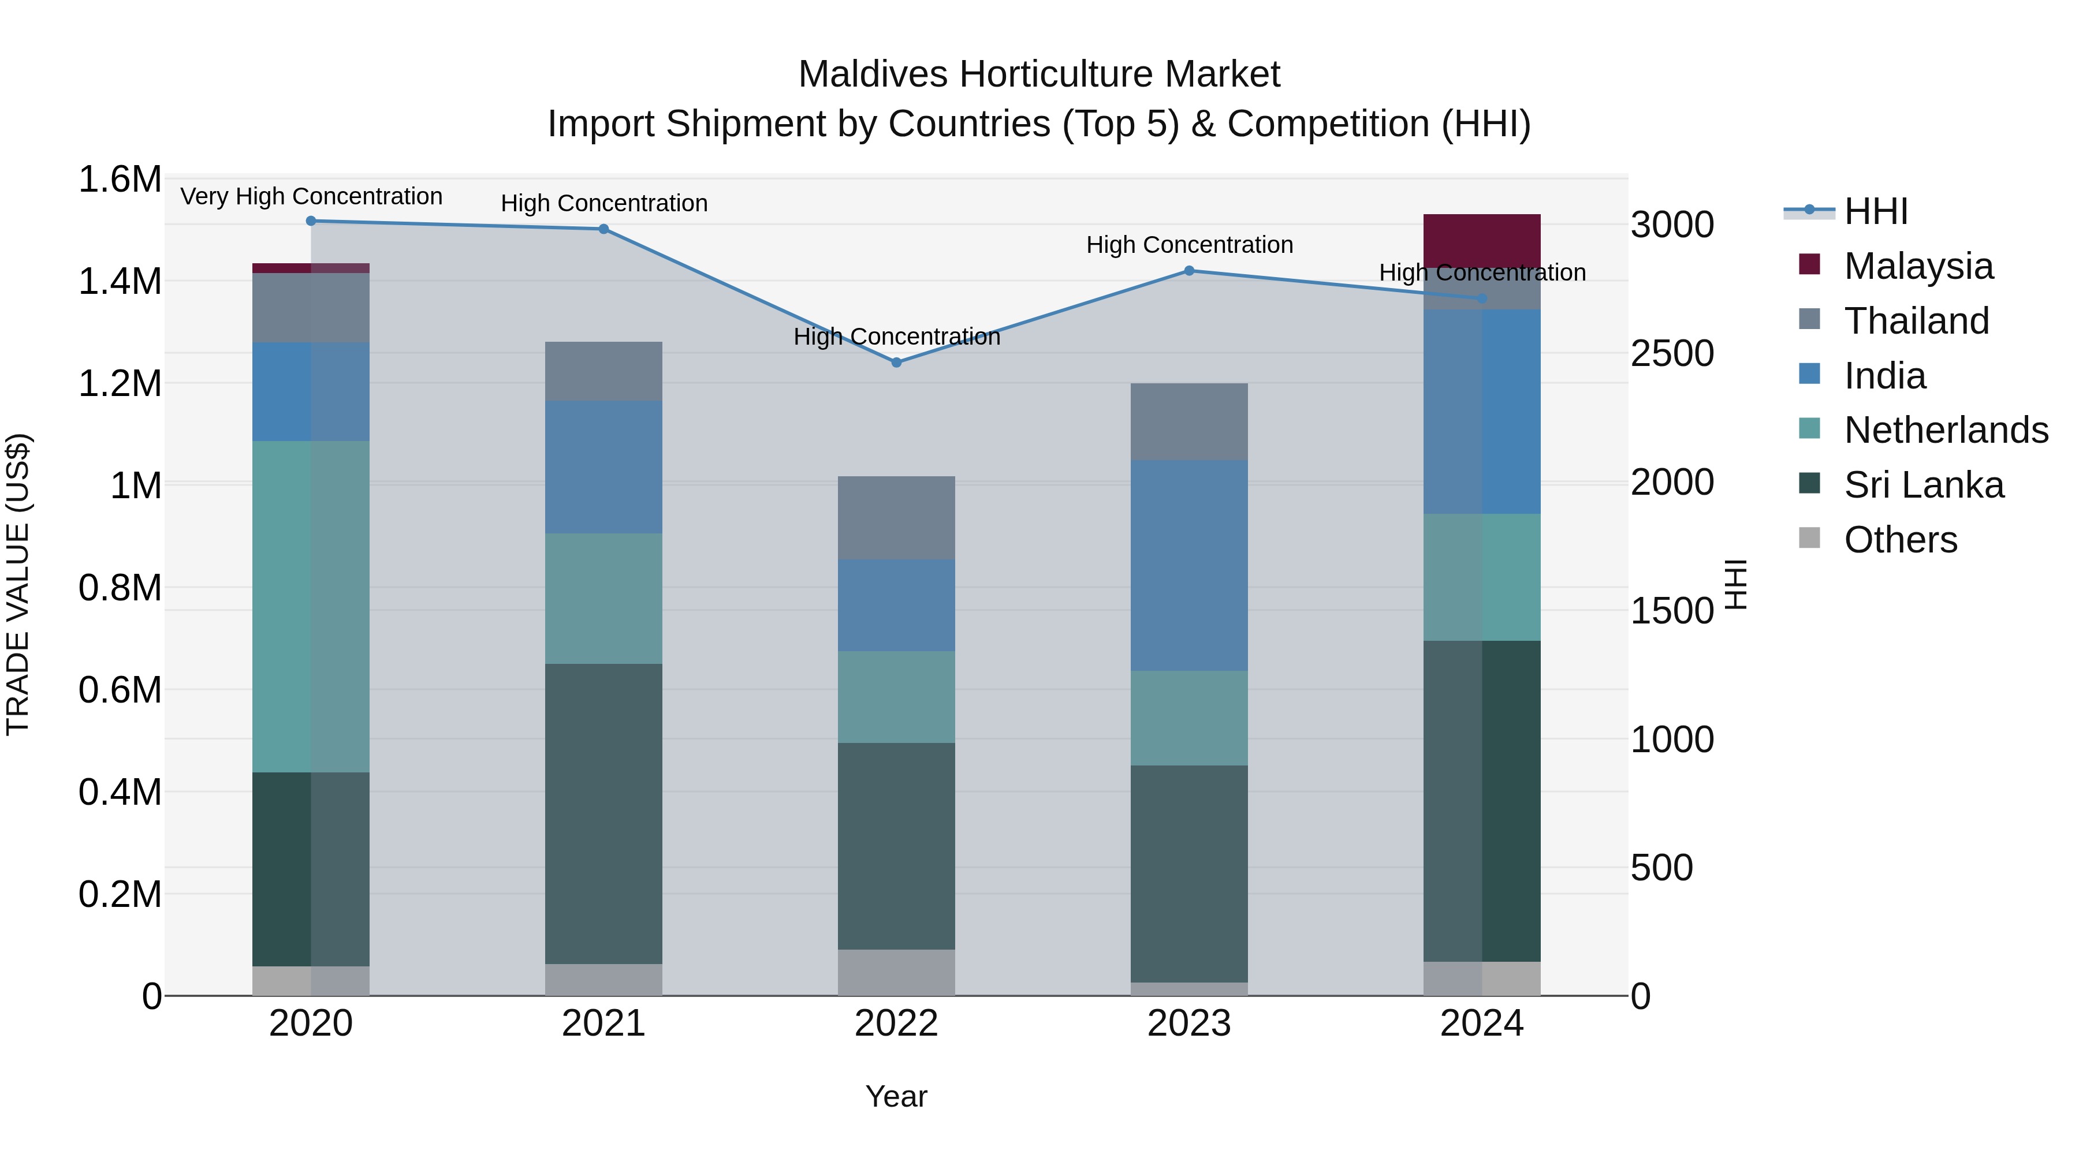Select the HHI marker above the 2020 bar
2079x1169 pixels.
coord(311,221)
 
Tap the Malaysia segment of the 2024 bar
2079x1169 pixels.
coord(1482,240)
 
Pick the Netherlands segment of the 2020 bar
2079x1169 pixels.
coord(311,607)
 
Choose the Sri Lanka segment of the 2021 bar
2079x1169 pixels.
coord(603,814)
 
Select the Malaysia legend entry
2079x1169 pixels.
coord(1918,266)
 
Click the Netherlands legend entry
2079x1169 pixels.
coord(1946,430)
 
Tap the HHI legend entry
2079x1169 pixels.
coord(1876,211)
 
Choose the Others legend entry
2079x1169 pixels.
coord(1901,540)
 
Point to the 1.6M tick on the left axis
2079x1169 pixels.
coord(120,179)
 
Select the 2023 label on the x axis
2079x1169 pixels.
coord(1189,1024)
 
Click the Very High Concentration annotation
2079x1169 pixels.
coord(311,196)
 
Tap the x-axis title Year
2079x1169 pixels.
coord(896,1096)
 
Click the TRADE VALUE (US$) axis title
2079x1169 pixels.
coord(18,585)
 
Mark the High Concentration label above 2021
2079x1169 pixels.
coord(603,203)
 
